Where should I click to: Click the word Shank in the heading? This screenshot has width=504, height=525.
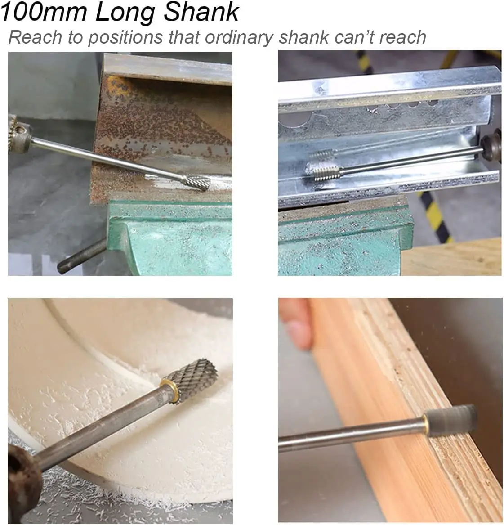[x=201, y=12]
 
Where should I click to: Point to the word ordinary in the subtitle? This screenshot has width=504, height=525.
[x=240, y=38]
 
